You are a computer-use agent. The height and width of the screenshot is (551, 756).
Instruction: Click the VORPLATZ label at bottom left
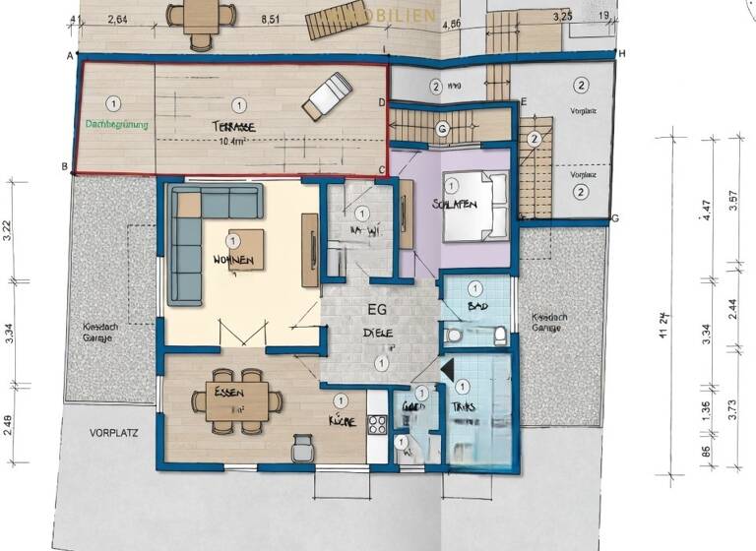point(110,432)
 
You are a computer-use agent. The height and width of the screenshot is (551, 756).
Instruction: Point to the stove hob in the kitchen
point(377,426)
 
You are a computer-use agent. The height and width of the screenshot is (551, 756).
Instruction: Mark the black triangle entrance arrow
point(445,369)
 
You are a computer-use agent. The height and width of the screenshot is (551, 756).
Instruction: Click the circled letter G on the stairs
point(442,129)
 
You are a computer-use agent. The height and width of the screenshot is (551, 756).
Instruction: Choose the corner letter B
point(64,167)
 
